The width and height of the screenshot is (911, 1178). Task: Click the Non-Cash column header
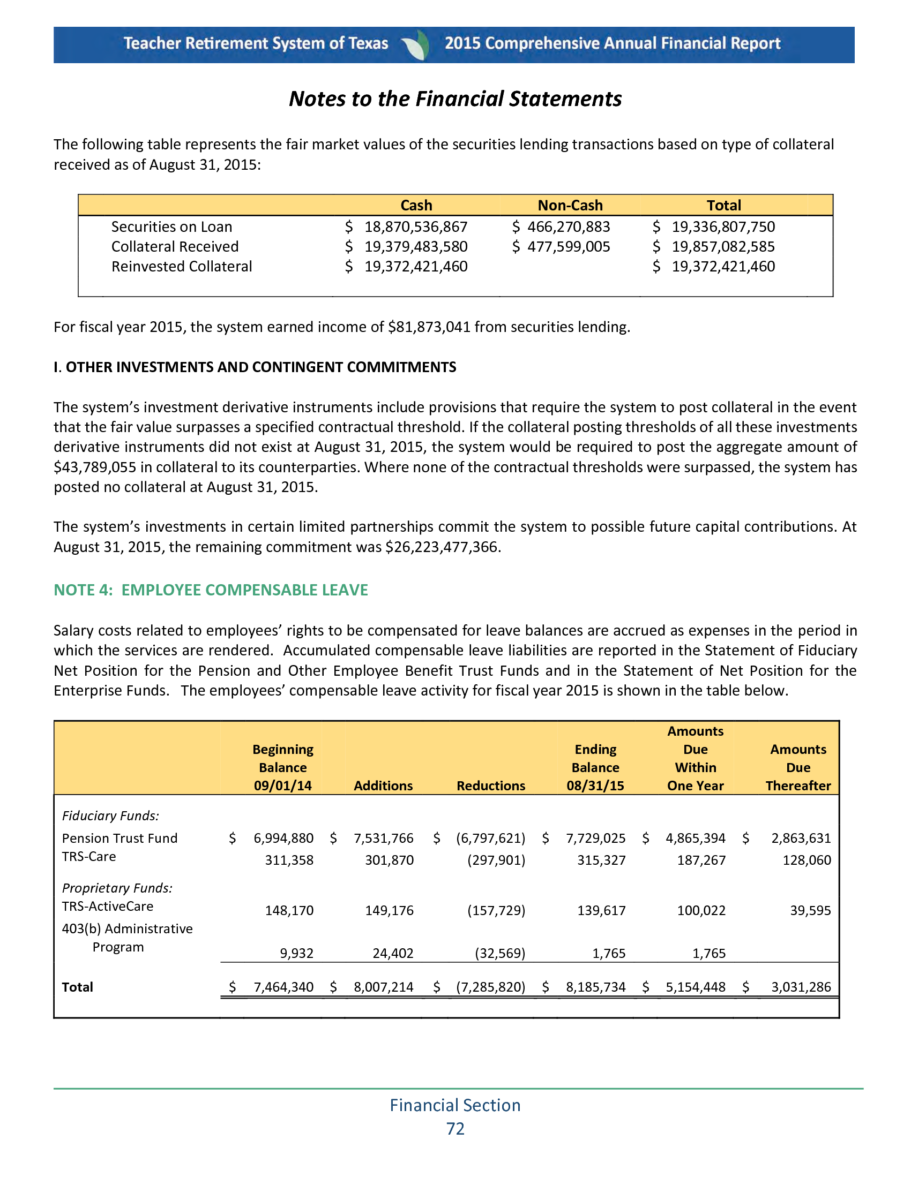[x=570, y=206]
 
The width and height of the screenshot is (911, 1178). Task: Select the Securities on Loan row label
[x=171, y=227]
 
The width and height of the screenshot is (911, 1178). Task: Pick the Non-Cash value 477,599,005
[x=568, y=247]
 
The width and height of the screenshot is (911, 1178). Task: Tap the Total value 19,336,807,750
[x=723, y=227]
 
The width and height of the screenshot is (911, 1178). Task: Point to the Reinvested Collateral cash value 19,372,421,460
[x=415, y=267]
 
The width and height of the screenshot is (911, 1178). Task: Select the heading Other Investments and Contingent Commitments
[x=255, y=367]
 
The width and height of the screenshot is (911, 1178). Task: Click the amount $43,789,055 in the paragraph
[x=95, y=467]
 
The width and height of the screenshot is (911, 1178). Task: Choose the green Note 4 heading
[x=211, y=590]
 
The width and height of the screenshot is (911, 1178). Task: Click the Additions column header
[x=383, y=786]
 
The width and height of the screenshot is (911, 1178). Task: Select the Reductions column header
[x=490, y=786]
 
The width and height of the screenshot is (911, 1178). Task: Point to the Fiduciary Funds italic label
[x=110, y=816]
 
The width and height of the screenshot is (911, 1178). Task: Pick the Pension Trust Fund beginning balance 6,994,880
[x=283, y=838]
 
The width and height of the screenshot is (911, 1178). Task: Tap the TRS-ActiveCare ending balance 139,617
[x=601, y=910]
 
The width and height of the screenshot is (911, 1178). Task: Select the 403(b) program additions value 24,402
[x=393, y=953]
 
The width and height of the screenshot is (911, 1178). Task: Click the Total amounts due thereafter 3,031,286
[x=801, y=987]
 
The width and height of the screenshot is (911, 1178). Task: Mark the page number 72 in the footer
[x=455, y=1129]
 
